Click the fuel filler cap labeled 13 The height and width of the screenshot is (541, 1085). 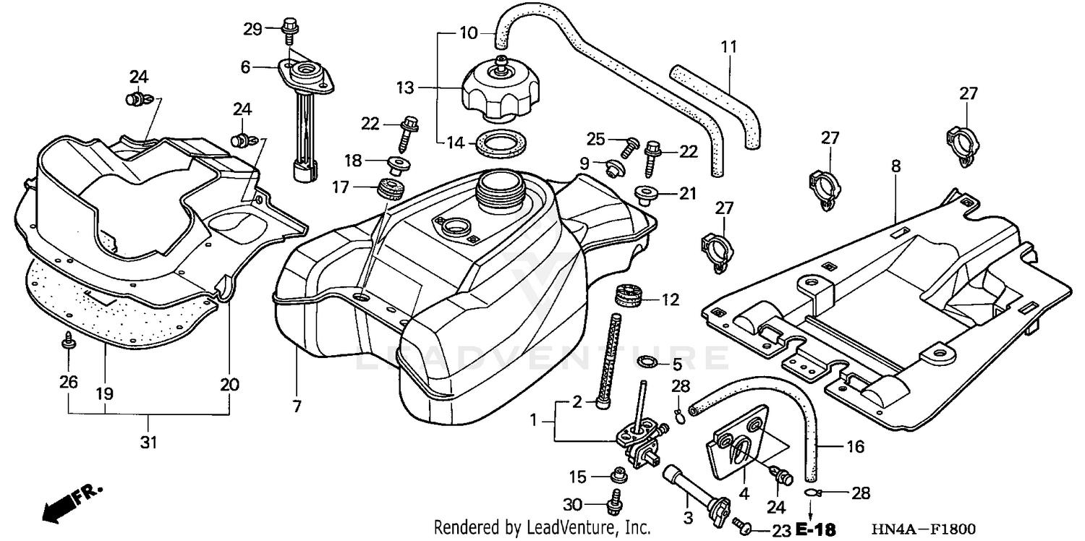pos(498,92)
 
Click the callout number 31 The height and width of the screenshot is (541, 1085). pos(148,442)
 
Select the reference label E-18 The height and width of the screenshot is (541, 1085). pos(816,530)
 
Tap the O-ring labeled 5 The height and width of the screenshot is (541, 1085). pos(648,362)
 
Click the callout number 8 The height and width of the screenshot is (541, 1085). pos(895,166)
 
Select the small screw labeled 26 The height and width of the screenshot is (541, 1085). pos(69,341)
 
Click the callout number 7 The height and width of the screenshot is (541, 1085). pos(297,406)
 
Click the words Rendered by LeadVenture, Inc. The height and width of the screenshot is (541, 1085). pos(542,529)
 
